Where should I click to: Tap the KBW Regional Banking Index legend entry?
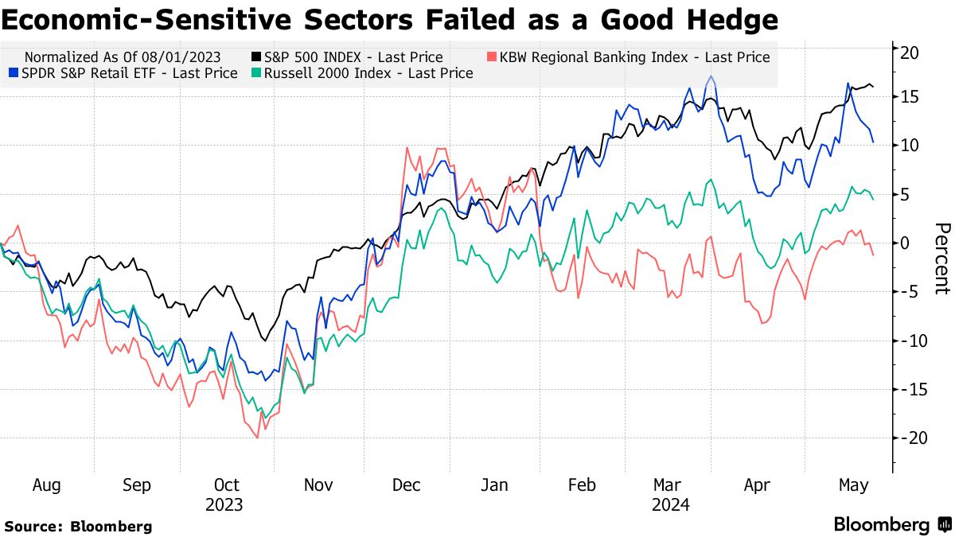tap(628, 57)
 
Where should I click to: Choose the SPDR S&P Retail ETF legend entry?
tap(123, 73)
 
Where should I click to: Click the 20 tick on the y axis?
tap(910, 53)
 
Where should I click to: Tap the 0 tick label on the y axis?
tap(905, 243)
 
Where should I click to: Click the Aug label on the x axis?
tap(47, 485)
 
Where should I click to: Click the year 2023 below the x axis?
tap(224, 505)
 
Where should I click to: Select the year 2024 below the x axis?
tap(670, 505)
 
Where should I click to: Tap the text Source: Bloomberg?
tap(78, 526)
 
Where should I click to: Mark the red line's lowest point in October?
tap(257, 438)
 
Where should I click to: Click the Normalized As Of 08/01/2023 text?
tap(123, 57)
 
